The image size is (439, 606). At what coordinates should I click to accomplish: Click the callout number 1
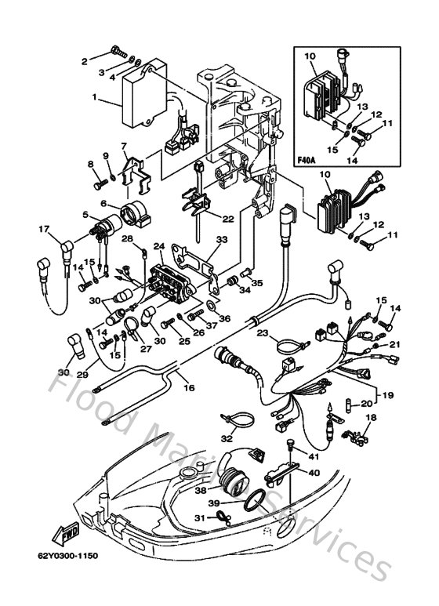pyautogui.click(x=95, y=99)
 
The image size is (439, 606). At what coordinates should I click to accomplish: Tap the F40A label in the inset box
pyautogui.click(x=308, y=161)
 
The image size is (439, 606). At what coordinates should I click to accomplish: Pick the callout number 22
pyautogui.click(x=227, y=218)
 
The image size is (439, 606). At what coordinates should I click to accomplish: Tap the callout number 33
pyautogui.click(x=222, y=239)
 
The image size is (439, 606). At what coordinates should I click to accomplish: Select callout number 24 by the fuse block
pyautogui.click(x=159, y=246)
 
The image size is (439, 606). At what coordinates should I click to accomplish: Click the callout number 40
pyautogui.click(x=314, y=473)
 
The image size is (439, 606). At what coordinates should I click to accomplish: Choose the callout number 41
pyautogui.click(x=314, y=456)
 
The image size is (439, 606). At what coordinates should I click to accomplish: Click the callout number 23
pyautogui.click(x=263, y=334)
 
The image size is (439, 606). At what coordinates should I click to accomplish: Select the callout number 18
pyautogui.click(x=371, y=418)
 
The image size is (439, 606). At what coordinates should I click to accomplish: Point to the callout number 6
pyautogui.click(x=103, y=204)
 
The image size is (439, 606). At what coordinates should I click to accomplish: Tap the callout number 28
pyautogui.click(x=127, y=238)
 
